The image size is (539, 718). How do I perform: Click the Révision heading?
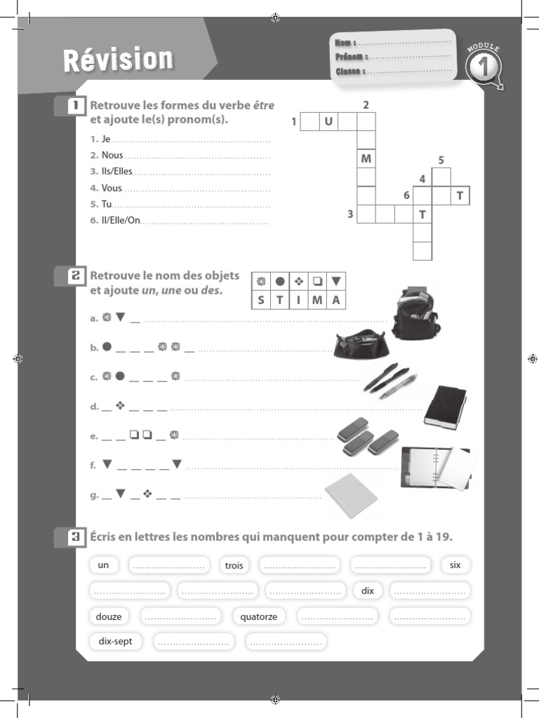(x=118, y=61)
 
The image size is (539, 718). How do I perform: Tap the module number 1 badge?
(x=484, y=69)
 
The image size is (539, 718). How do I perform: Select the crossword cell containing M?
(x=366, y=159)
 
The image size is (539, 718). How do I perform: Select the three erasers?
(x=367, y=439)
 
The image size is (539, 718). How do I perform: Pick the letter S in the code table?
(x=261, y=301)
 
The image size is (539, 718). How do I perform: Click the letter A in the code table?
(x=336, y=301)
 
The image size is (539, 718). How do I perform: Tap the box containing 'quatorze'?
(x=259, y=617)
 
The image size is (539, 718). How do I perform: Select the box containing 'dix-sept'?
(x=116, y=641)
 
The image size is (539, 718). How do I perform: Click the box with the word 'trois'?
(x=234, y=565)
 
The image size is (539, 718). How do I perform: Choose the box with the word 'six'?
(x=455, y=564)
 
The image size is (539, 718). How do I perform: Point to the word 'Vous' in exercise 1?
(x=112, y=188)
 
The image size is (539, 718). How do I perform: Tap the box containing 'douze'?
(x=109, y=617)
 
